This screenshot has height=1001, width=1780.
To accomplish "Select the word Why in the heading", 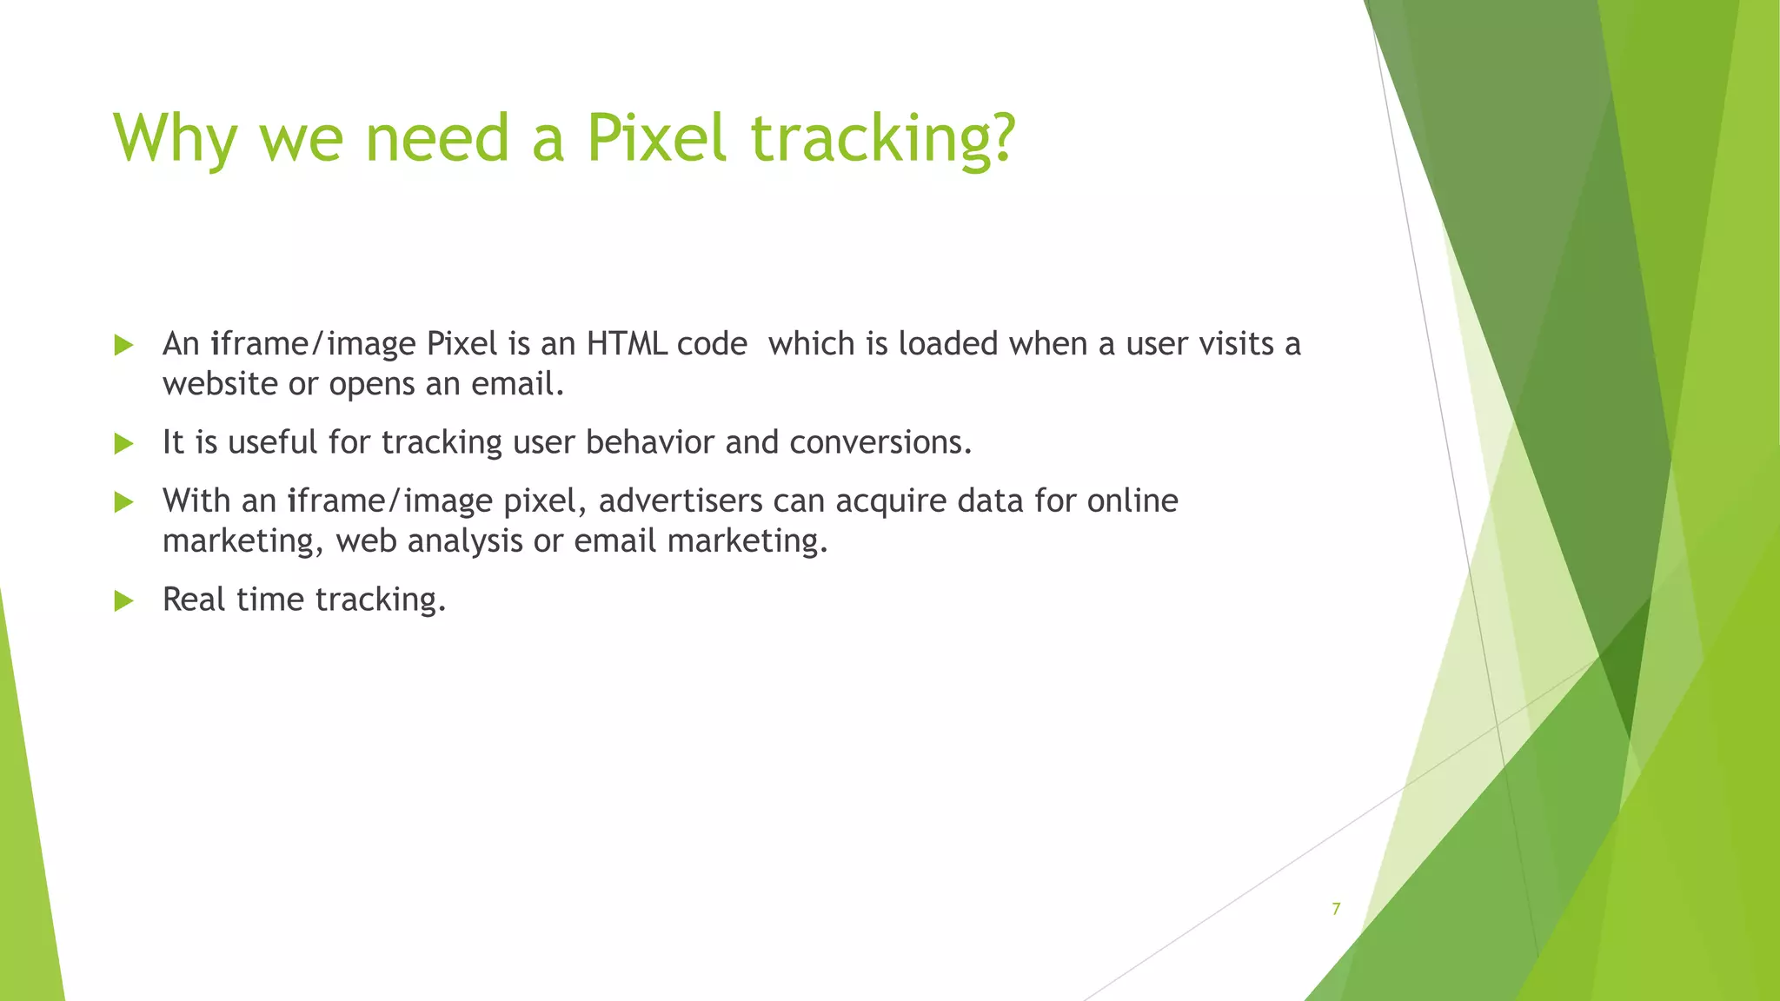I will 175,139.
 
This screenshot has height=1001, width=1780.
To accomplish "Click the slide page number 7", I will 1336,909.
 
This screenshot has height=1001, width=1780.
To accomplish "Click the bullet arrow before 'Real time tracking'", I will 123,600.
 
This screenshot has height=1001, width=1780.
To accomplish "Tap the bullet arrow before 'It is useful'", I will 123,443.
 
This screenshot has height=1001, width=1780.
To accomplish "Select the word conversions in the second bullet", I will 880,442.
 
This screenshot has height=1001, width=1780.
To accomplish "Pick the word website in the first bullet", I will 220,384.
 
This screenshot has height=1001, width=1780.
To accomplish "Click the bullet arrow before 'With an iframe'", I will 123,501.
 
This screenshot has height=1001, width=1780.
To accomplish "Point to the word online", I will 1132,500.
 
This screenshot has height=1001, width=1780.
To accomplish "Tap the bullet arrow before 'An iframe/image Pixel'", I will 123,345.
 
